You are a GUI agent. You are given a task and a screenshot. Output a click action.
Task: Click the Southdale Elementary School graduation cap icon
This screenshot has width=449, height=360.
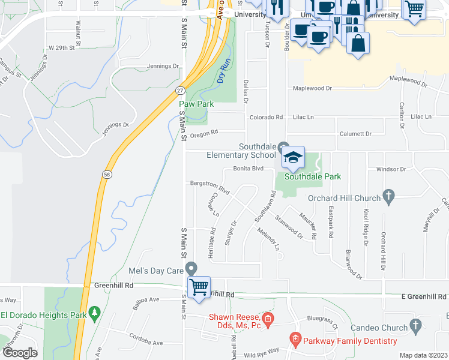pyautogui.click(x=293, y=158)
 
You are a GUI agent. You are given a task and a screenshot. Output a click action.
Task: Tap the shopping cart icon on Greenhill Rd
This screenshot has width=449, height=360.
pyautogui.click(x=199, y=286)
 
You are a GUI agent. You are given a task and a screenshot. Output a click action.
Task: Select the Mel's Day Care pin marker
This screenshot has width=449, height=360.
pyautogui.click(x=191, y=268)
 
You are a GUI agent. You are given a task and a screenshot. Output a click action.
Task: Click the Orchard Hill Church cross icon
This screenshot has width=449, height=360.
pyautogui.click(x=388, y=196)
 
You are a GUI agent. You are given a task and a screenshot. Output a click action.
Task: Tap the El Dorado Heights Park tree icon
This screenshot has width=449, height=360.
pyautogui.click(x=94, y=313)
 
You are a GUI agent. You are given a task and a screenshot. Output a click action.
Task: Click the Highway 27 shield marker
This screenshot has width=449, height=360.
pyautogui.click(x=180, y=90)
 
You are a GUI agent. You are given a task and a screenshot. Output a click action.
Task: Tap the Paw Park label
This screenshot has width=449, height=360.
pyautogui.click(x=196, y=104)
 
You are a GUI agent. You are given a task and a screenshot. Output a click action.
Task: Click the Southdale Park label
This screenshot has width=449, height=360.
pyautogui.click(x=313, y=176)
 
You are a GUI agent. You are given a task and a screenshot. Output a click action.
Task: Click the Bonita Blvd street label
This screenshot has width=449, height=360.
pyautogui.click(x=249, y=169)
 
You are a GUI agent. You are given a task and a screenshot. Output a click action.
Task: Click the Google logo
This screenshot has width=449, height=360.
pyautogui.click(x=19, y=353)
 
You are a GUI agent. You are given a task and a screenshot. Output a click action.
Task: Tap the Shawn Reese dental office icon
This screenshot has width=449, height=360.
pyautogui.click(x=268, y=317)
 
